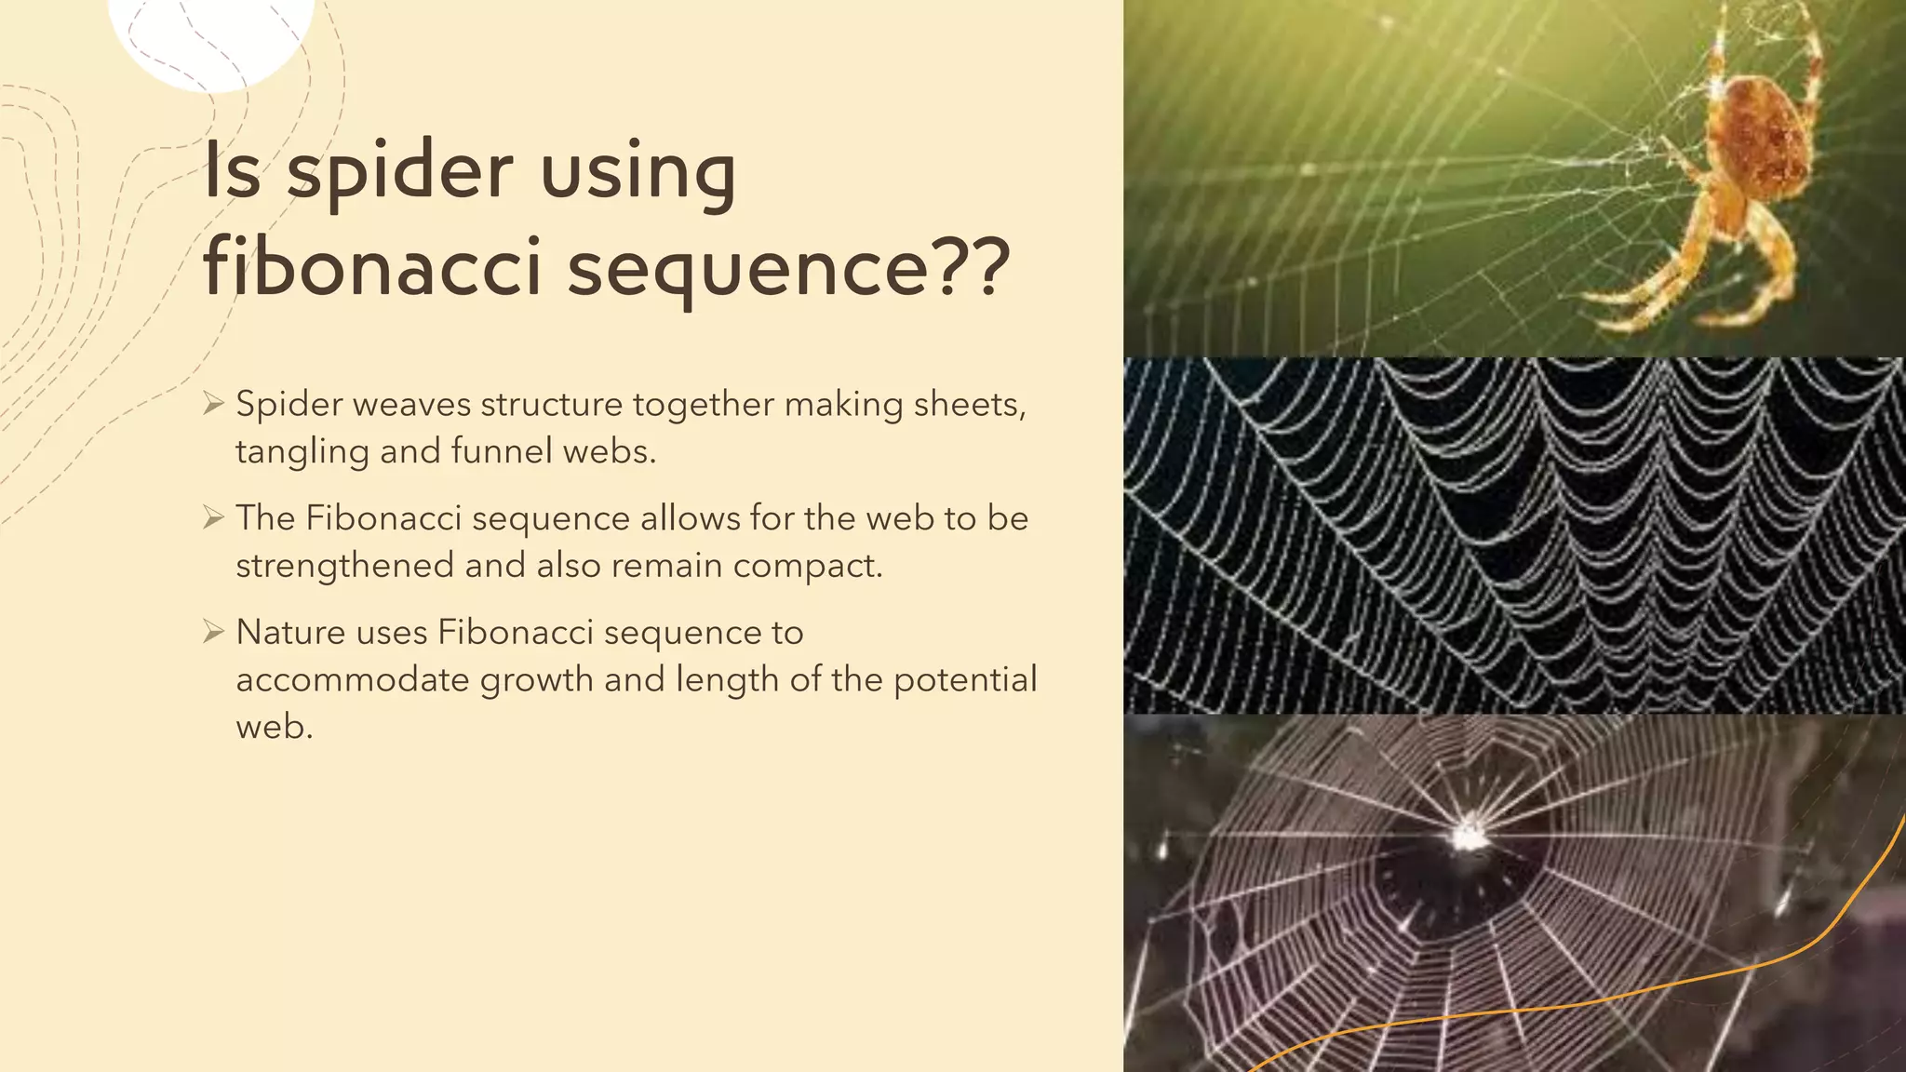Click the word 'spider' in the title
click(x=399, y=171)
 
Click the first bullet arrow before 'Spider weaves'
click(x=214, y=404)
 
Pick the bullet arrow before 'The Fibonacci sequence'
click(x=214, y=518)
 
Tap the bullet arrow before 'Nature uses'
click(x=214, y=633)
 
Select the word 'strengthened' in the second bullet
click(x=343, y=566)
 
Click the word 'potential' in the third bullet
click(x=965, y=680)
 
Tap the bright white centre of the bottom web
click(x=1469, y=832)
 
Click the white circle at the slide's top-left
click(x=212, y=37)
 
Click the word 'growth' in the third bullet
click(x=536, y=680)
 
